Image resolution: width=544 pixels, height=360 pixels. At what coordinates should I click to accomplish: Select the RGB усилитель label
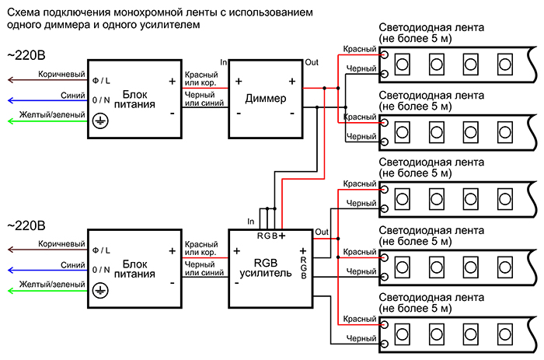[267, 266]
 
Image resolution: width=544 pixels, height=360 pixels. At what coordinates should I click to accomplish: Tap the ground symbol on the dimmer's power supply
[99, 121]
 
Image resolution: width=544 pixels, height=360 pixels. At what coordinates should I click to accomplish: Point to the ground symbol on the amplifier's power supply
[99, 289]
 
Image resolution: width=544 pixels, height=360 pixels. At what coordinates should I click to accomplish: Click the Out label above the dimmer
[312, 62]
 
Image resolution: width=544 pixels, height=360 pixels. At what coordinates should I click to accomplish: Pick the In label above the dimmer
[224, 62]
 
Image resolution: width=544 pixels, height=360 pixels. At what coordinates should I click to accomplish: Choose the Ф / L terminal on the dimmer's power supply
[100, 81]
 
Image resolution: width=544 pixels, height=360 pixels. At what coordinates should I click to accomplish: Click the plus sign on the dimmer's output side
[292, 81]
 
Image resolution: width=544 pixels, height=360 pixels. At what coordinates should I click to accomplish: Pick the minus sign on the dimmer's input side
[239, 113]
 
